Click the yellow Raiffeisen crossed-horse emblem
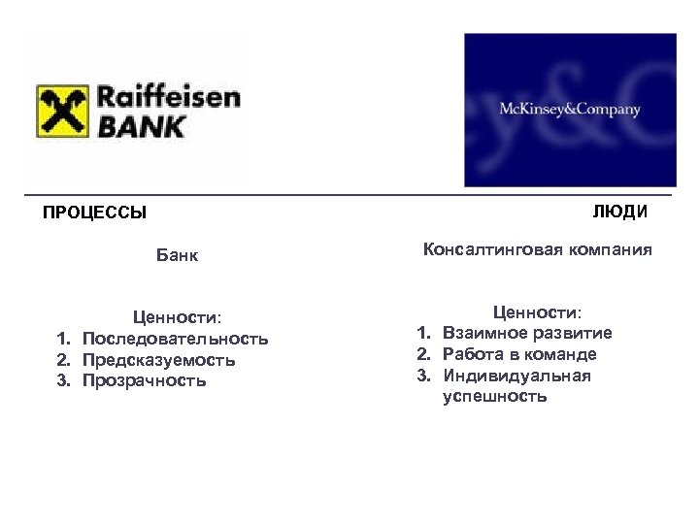pos(63,111)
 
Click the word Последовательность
pos(176,338)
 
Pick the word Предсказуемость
pos(159,359)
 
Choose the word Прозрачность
pos(145,380)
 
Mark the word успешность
pos(494,397)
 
